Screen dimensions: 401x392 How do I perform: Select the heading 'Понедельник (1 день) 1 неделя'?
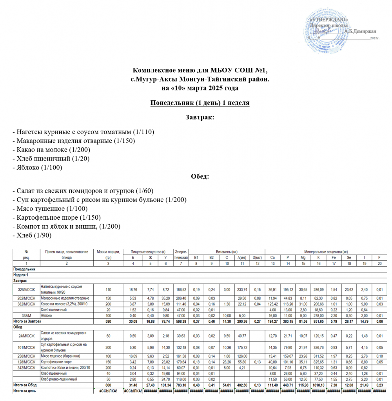tap(200, 103)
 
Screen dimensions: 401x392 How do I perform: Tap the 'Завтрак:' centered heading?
tap(200, 117)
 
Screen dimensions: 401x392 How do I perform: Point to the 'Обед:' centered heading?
tap(200, 176)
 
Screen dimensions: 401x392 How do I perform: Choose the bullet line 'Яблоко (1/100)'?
tap(38, 168)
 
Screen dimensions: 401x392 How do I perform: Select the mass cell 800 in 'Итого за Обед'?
tap(108, 385)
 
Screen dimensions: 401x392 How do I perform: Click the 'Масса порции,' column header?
tap(108, 252)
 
